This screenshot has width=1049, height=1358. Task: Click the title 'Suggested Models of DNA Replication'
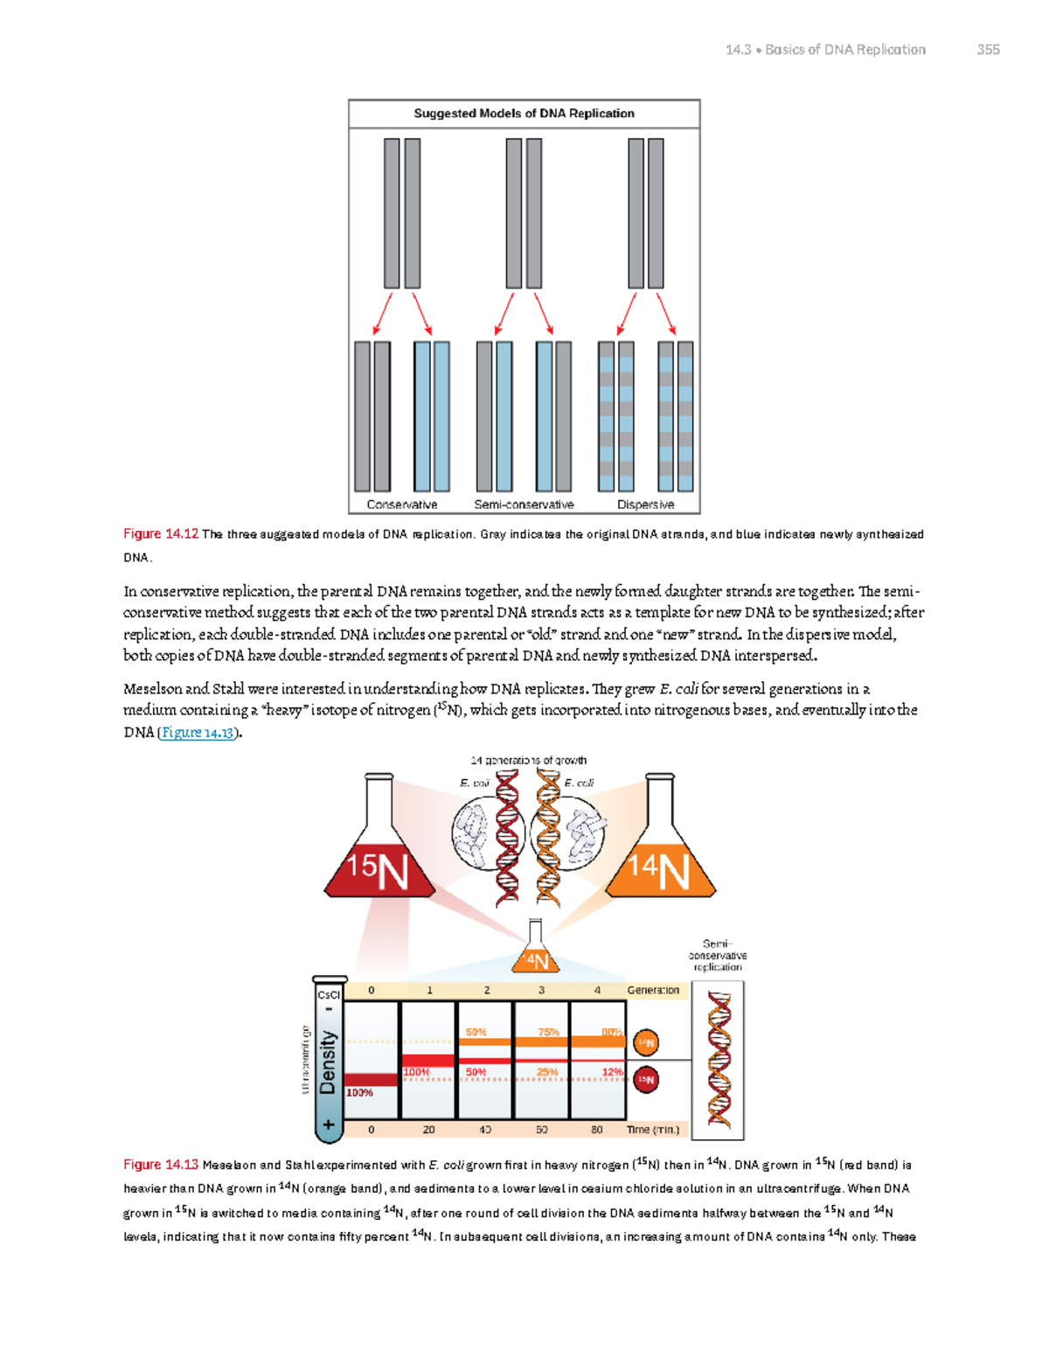coord(524,114)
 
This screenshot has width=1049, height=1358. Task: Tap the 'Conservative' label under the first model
coord(401,505)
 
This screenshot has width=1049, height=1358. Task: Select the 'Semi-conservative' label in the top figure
coord(524,505)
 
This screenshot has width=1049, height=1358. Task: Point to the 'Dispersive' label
coord(645,505)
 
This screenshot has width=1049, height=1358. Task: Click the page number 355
coord(988,50)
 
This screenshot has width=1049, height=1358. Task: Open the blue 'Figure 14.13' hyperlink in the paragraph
coord(198,733)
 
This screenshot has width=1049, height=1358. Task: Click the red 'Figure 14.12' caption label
coord(161,534)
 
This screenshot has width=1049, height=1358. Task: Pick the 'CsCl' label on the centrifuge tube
coord(329,995)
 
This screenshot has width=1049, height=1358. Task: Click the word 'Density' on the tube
coord(328,1062)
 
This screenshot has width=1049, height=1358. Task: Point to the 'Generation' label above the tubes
coord(653,991)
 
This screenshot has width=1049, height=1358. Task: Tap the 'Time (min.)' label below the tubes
coord(653,1130)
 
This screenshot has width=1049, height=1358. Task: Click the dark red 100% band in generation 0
coord(371,1080)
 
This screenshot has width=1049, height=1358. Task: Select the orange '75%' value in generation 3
coord(548,1033)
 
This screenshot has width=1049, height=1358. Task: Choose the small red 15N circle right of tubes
coord(645,1080)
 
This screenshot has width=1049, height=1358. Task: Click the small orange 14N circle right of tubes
coord(645,1042)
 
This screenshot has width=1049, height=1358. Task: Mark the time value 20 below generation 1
coord(428,1130)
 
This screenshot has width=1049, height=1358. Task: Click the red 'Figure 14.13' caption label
coord(161,1165)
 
